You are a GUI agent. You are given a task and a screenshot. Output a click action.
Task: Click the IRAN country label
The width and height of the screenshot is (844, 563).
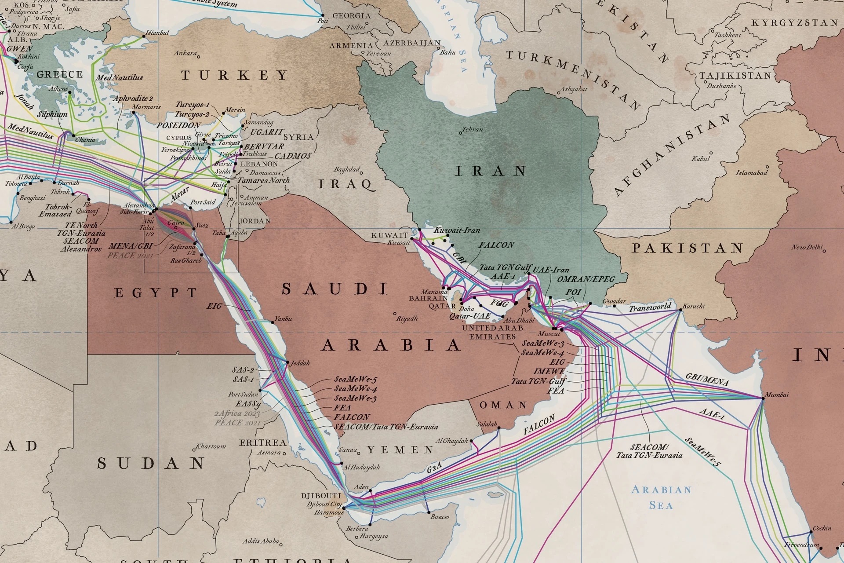[491, 171]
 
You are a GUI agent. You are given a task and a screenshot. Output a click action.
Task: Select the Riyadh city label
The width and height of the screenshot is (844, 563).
[407, 318]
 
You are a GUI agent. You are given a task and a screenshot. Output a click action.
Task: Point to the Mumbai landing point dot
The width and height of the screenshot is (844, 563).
[763, 398]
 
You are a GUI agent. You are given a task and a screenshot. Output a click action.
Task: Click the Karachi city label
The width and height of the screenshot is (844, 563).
[694, 306]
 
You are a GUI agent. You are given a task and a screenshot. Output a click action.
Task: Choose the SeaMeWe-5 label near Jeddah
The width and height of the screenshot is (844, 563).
[355, 379]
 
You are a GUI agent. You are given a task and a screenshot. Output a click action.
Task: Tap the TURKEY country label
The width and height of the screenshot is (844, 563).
[235, 75]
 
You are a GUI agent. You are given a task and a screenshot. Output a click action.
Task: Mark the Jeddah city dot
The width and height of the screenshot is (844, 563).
[287, 363]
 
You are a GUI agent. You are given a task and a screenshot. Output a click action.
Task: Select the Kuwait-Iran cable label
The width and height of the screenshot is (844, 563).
[457, 230]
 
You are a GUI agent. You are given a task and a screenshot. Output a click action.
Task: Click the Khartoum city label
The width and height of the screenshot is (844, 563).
[211, 446]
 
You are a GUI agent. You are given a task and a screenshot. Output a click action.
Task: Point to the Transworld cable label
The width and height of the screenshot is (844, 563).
[650, 307]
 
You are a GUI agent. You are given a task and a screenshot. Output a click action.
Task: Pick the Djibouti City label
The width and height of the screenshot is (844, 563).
[324, 504]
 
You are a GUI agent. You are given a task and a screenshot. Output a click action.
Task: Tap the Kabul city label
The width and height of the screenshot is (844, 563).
[700, 158]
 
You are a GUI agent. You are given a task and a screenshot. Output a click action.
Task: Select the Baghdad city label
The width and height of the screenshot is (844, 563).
[346, 169]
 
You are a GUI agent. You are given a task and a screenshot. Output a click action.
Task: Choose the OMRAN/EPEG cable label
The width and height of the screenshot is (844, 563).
[586, 279]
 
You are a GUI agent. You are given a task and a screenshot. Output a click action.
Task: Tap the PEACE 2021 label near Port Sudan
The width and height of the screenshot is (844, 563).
[234, 422]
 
